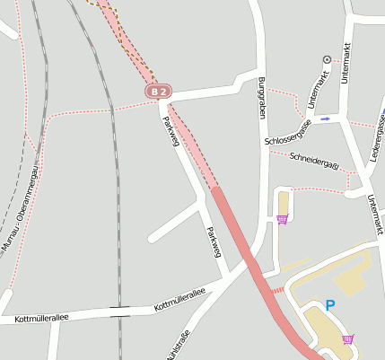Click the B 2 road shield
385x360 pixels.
coord(159,92)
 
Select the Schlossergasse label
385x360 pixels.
coord(288,136)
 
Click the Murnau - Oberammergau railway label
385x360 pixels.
coord(22,207)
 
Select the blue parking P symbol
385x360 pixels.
coord(329,305)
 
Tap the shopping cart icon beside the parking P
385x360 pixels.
coord(347,338)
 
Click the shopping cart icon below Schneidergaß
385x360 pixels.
coord(283,219)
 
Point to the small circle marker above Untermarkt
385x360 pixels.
coord(326,60)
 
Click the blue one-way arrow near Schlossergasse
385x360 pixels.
coord(325,118)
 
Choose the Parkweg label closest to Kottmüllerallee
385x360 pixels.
coord(213,241)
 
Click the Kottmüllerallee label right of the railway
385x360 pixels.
coord(179,299)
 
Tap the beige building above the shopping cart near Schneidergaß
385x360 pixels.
coord(284,202)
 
